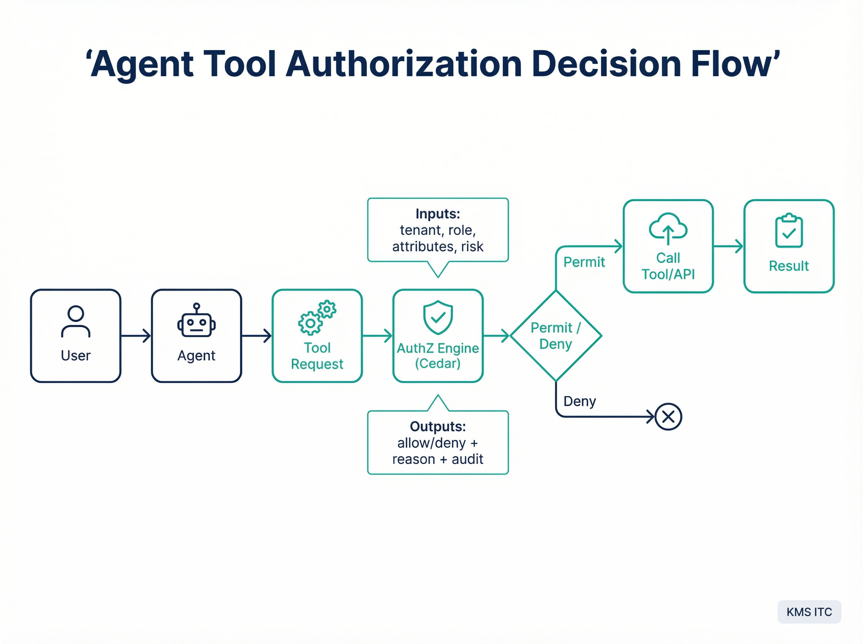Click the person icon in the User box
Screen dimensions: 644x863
[x=76, y=321]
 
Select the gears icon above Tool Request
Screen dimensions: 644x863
[x=317, y=317]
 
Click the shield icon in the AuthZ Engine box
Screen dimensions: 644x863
[x=438, y=317]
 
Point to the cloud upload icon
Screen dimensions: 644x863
[x=668, y=229]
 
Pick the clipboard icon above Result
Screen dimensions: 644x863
[x=789, y=230]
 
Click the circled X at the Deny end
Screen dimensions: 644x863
[x=668, y=417]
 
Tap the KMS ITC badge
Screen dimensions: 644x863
[x=809, y=612]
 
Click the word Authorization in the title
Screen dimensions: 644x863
[x=403, y=64]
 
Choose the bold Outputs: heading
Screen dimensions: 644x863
[x=438, y=427]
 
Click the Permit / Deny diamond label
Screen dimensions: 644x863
[x=556, y=336]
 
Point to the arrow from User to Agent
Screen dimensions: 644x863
[x=136, y=336]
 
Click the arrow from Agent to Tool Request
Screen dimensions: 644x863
[x=257, y=336]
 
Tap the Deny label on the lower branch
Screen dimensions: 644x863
[x=580, y=401]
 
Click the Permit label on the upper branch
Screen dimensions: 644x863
[x=584, y=262]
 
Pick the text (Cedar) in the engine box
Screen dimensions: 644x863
[x=438, y=364]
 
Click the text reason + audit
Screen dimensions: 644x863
[x=438, y=459]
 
